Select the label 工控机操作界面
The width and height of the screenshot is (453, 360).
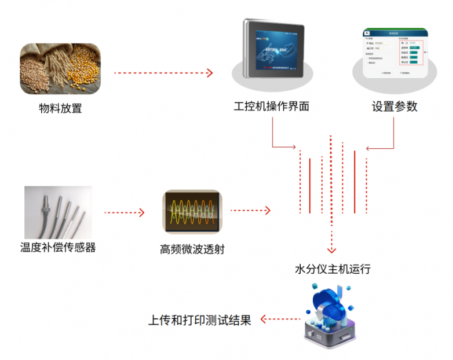pyautogui.click(x=271, y=107)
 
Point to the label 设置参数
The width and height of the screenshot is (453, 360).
pyautogui.click(x=394, y=107)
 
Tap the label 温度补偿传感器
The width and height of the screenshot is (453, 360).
pyautogui.click(x=58, y=248)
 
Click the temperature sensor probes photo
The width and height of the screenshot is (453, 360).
pyautogui.click(x=58, y=212)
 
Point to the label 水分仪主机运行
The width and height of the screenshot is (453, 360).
pyautogui.click(x=333, y=269)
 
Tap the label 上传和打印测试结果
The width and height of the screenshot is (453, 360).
pyautogui.click(x=200, y=320)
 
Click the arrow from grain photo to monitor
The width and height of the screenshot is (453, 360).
pyautogui.click(x=164, y=73)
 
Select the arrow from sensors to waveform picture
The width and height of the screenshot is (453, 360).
pyautogui.click(x=124, y=212)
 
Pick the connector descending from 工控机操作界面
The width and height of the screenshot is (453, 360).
pyautogui.click(x=272, y=133)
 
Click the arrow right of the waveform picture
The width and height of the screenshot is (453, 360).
pyautogui.click(x=250, y=211)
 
